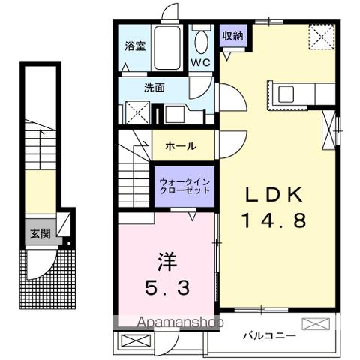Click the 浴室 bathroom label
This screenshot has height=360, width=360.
[x=136, y=44]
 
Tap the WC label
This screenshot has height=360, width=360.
[x=200, y=61]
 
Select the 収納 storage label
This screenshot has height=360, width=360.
[x=232, y=35]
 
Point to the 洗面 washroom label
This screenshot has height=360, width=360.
[x=154, y=87]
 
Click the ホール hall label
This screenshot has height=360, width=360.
[x=181, y=145]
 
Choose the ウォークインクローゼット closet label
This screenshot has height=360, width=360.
[x=184, y=185]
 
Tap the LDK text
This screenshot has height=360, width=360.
[x=276, y=194]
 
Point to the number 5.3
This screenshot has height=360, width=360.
[x=166, y=287]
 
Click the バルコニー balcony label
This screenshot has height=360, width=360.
[x=268, y=335]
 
